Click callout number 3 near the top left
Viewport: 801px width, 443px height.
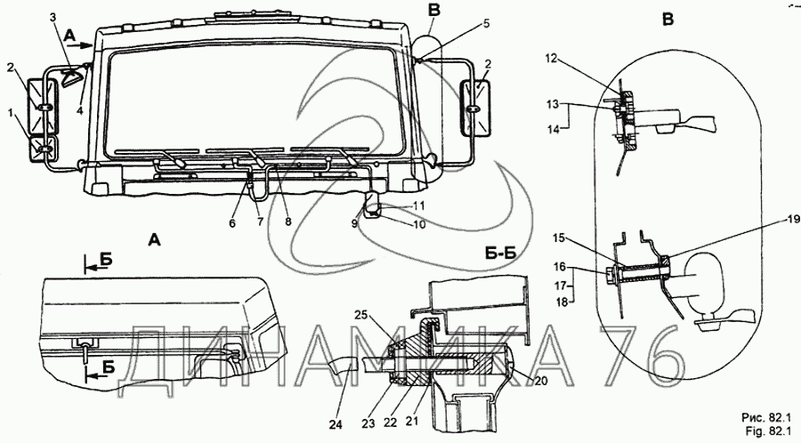pos(53,17)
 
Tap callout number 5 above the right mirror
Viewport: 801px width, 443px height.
pos(486,23)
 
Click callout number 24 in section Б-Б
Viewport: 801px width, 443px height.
pos(337,424)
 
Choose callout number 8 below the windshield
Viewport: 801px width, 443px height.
pos(287,222)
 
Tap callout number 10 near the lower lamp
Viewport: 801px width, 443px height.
pos(419,223)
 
